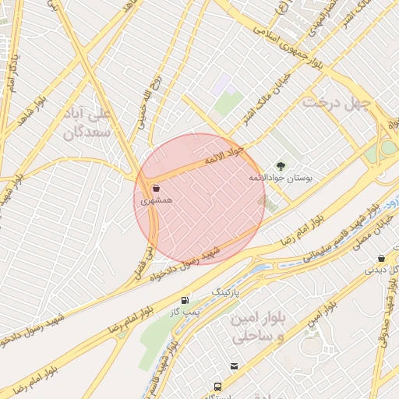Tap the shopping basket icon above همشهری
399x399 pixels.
click(x=156, y=188)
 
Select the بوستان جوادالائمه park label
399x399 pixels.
click(x=281, y=178)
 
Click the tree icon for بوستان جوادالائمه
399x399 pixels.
click(x=281, y=165)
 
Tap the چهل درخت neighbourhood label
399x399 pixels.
click(x=334, y=102)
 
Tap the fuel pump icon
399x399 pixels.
click(x=185, y=300)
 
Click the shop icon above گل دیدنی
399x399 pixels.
click(x=381, y=258)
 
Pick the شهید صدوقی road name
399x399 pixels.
click(x=387, y=320)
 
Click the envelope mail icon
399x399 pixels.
click(x=234, y=366)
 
